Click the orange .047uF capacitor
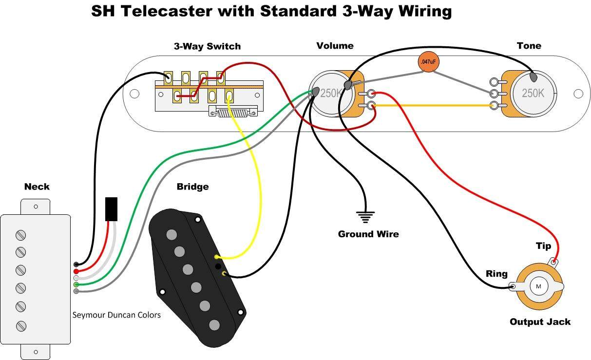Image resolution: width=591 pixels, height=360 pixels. (427, 62)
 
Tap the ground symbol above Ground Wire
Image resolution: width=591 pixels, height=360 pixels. (365, 216)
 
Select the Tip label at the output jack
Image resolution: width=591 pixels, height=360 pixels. (543, 246)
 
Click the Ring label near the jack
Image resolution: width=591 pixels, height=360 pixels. (496, 274)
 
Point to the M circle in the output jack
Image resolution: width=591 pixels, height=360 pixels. (539, 286)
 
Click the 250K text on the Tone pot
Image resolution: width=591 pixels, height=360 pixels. (533, 93)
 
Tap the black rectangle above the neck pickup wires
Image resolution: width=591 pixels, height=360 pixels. (111, 209)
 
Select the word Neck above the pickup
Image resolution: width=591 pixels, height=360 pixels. (37, 187)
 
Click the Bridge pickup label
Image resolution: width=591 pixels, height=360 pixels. (192, 187)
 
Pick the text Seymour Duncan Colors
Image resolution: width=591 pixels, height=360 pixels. (116, 315)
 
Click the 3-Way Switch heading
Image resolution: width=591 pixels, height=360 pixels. (207, 47)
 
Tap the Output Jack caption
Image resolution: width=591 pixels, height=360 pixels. (540, 322)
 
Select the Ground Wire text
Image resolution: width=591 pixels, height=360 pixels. (368, 234)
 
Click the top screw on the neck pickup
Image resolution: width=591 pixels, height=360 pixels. (20, 235)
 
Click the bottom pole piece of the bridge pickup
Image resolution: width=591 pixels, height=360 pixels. (214, 324)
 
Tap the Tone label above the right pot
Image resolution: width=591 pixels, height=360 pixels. (529, 46)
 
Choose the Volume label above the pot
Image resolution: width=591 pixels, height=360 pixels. (335, 46)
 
